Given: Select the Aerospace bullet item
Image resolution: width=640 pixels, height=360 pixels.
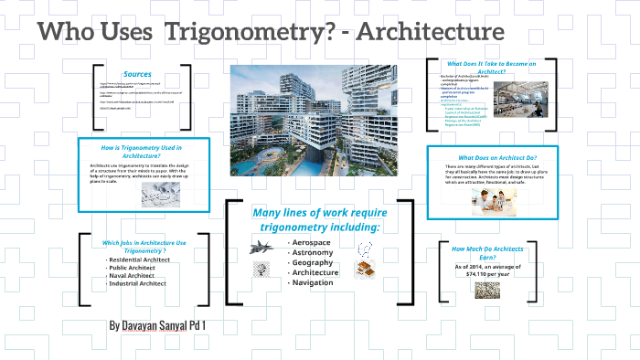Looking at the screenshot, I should click(x=311, y=241).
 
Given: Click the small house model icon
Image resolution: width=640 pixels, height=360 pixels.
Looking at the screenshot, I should click(x=366, y=270).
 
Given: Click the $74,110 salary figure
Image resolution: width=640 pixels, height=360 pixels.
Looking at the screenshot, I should click(x=485, y=273).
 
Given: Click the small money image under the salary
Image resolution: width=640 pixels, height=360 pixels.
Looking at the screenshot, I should click(x=486, y=290).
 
